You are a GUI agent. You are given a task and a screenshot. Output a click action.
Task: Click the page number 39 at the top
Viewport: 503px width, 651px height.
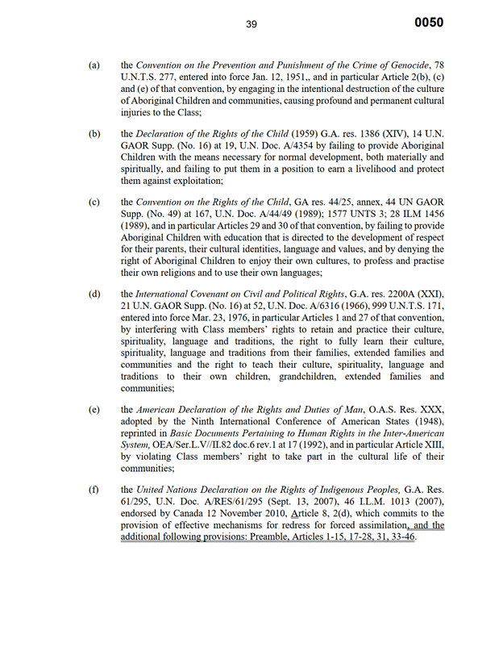coord(251,24)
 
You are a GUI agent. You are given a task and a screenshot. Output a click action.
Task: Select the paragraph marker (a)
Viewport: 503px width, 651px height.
coord(94,64)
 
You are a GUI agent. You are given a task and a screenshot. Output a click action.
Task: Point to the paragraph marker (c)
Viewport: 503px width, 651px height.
coord(94,200)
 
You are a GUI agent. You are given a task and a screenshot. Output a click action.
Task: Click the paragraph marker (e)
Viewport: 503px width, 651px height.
coord(94,410)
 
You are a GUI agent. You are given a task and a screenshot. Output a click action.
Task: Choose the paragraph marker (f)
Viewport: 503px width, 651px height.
coord(94,489)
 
